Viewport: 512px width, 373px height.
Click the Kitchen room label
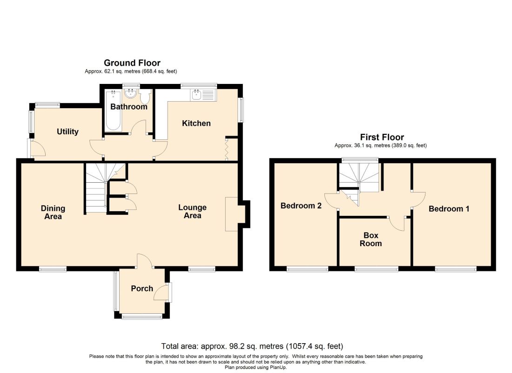coord(196,124)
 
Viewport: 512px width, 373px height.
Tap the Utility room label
coord(67,131)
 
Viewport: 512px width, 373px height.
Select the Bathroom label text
coord(128,107)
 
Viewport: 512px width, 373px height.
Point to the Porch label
coord(142,289)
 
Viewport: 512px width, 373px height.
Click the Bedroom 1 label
coord(449,209)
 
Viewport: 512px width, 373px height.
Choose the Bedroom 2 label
coord(301,206)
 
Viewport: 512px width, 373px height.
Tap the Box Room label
coord(371,239)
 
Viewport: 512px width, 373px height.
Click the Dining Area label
coord(53,212)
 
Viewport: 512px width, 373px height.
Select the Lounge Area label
coord(192,211)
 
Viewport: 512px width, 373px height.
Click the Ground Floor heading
coord(132,63)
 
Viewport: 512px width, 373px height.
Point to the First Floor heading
coord(382,137)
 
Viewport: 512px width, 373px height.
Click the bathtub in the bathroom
coord(113,111)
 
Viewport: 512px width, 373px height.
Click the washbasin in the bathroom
coord(131,94)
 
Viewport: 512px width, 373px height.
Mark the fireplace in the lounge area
coord(232,214)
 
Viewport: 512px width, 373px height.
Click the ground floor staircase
coord(101,188)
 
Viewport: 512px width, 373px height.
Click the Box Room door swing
coord(397,224)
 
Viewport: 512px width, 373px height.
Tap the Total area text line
coord(252,346)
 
